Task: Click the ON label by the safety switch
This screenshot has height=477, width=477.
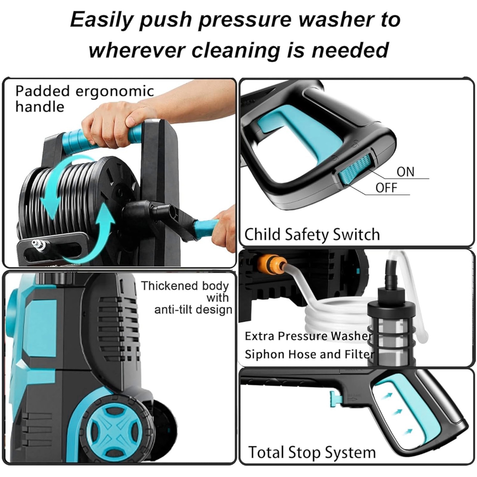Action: pyautogui.click(x=405, y=172)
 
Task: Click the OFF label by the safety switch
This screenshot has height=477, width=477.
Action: pyautogui.click(x=386, y=188)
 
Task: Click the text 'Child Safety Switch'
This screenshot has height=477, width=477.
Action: pyautogui.click(x=312, y=234)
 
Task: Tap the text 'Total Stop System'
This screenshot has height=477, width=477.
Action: pyautogui.click(x=312, y=452)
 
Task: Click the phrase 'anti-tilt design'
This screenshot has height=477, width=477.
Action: pyautogui.click(x=193, y=310)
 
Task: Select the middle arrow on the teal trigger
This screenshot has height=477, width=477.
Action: pyautogui.click(x=397, y=412)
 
